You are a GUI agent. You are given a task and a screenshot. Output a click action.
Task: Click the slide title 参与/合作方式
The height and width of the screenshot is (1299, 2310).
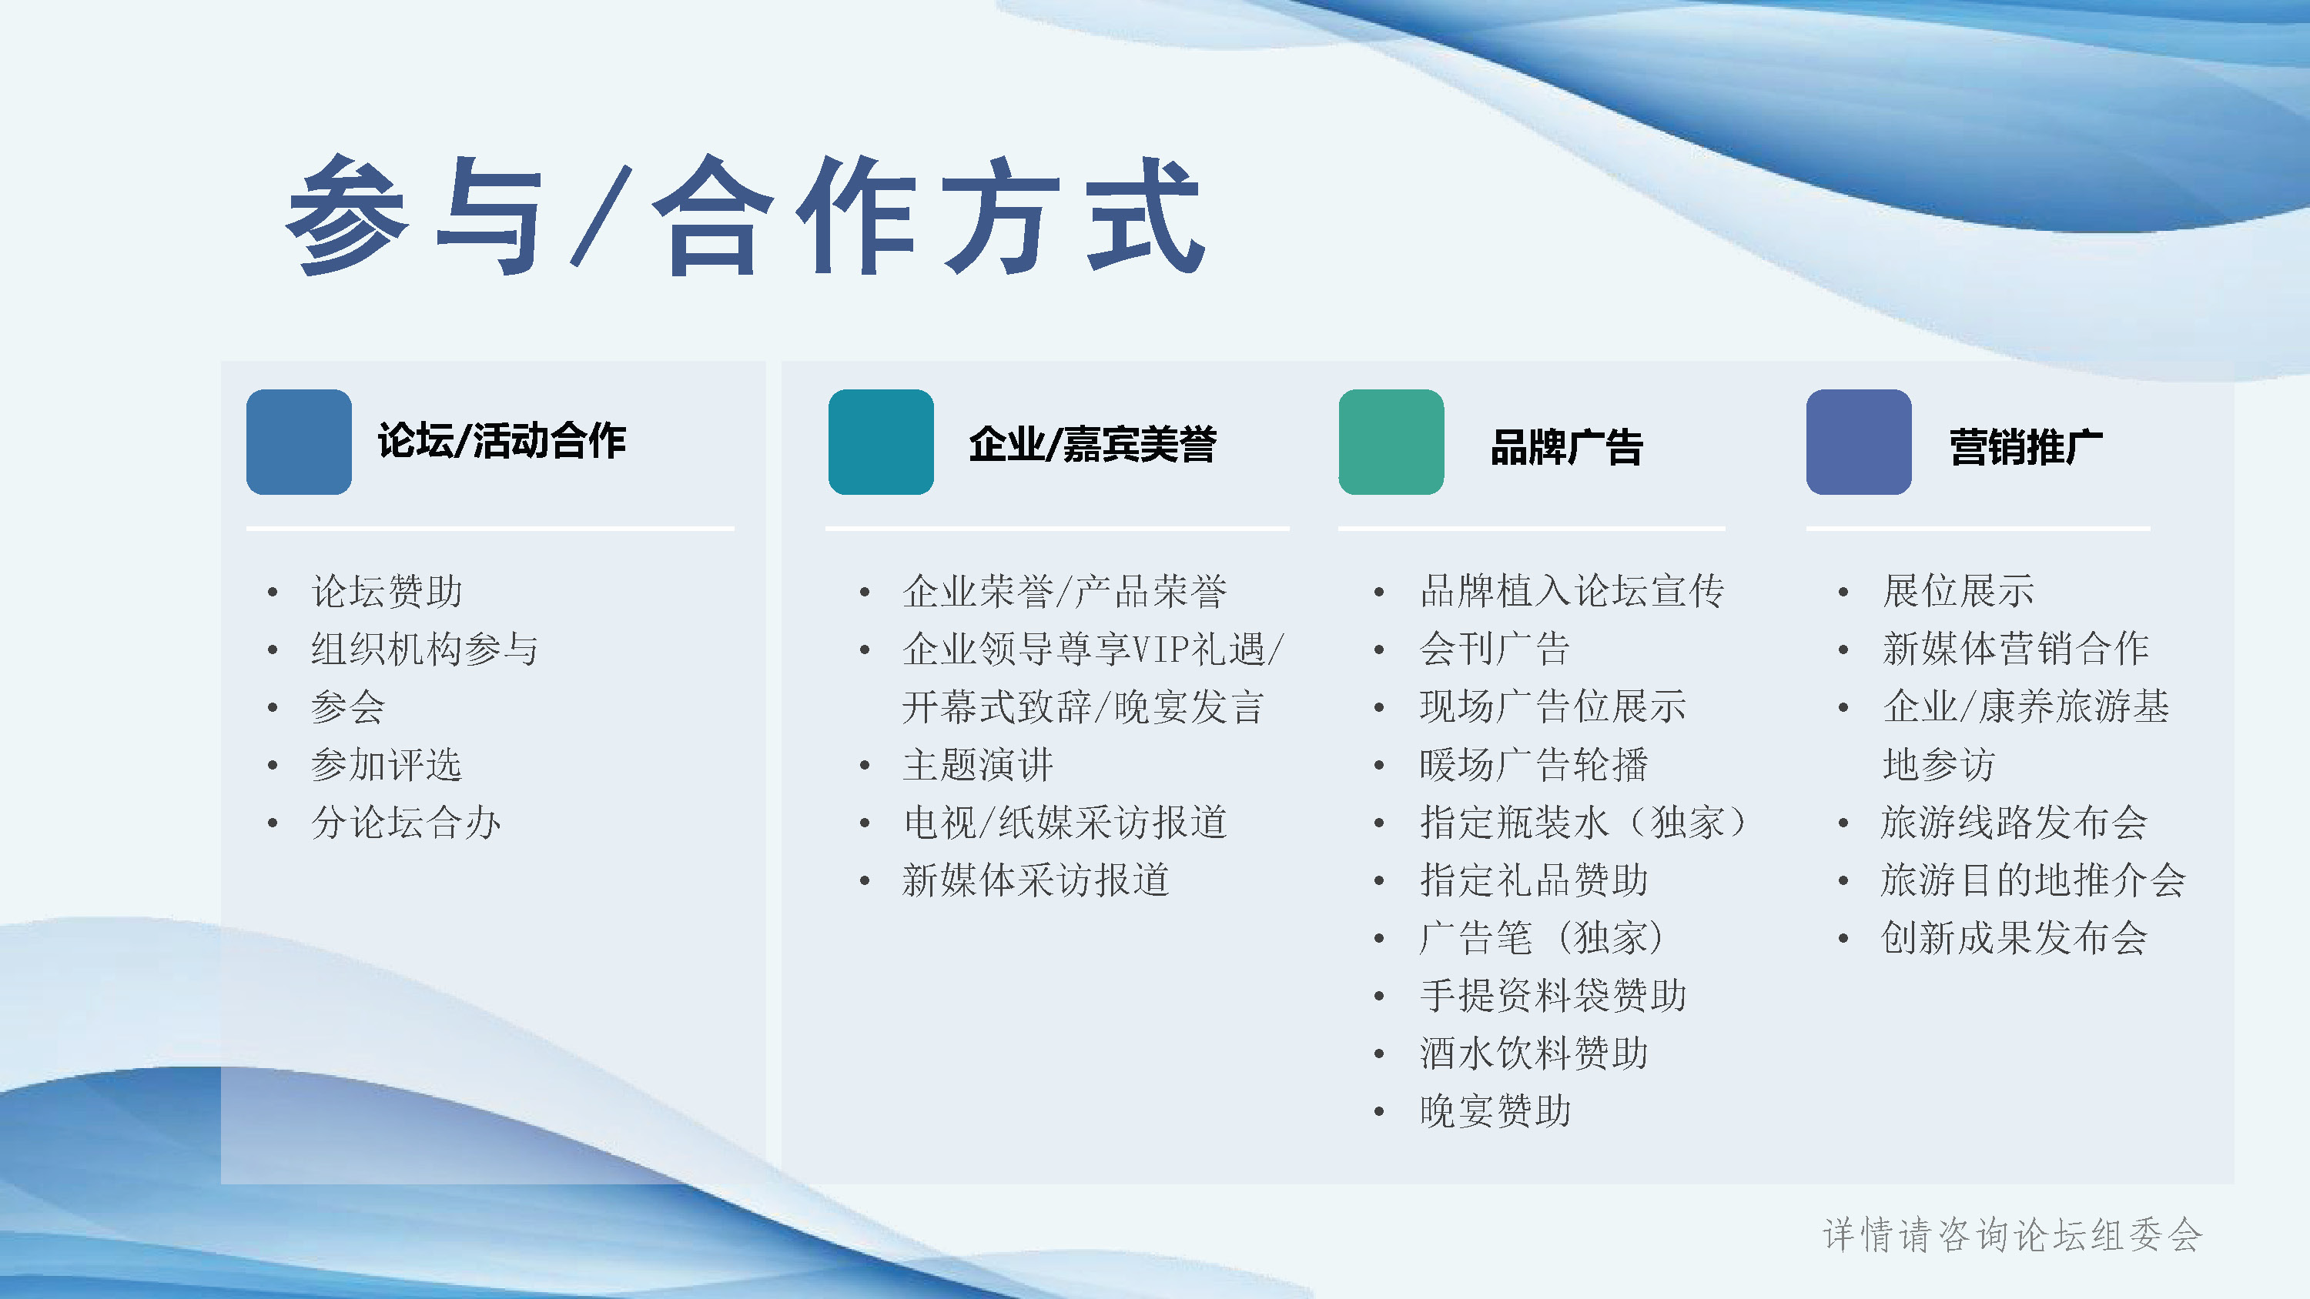pos(745,215)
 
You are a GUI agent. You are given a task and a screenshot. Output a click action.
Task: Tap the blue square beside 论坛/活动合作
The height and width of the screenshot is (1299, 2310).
pos(299,441)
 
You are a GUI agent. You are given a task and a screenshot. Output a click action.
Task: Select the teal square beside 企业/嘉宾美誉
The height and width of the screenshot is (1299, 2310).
pos(881,441)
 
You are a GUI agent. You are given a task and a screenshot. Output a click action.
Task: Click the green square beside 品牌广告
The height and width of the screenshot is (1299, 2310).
pos(1391,441)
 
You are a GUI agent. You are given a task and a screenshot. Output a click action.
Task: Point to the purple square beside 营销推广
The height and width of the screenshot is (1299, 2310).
pos(1858,441)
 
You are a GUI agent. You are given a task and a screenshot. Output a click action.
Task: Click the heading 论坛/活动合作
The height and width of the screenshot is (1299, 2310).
pos(501,441)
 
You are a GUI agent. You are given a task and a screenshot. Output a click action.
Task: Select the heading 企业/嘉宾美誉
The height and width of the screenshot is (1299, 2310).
pos(1092,445)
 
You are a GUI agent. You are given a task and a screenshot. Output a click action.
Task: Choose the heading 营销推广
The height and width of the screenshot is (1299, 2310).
pos(2026,446)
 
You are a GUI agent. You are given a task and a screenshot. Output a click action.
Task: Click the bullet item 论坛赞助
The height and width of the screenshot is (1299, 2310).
pos(387,591)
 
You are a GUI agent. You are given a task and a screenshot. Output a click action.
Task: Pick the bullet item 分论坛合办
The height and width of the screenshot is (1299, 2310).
pos(405,822)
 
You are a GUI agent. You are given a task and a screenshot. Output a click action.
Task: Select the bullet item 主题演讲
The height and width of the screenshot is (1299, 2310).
pos(977,765)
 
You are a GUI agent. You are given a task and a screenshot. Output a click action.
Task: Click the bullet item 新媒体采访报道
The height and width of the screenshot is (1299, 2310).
pos(1036,880)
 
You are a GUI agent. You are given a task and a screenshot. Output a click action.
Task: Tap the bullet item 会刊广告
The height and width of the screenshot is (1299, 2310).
pos(1495,648)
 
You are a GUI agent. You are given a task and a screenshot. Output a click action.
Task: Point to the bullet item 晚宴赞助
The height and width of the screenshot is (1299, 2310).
pos(1495,1110)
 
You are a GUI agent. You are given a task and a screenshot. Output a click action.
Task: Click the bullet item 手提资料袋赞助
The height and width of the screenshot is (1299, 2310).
pos(1553,995)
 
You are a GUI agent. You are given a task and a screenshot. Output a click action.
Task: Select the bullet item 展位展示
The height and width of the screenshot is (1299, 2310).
pos(1958,591)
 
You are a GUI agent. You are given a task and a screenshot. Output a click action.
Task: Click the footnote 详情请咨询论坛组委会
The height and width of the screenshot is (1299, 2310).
pos(2012,1234)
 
